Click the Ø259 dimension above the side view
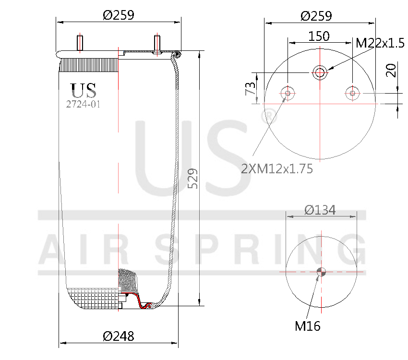tap(119, 15)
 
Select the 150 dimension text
tap(319, 36)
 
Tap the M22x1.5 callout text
tap(380, 43)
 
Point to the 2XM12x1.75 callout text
tap(277, 168)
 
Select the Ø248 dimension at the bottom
tap(119, 336)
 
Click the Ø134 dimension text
tap(320, 210)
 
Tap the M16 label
tap(307, 326)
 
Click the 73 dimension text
tap(250, 88)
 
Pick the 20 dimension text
tap(391, 70)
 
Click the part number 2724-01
tap(83, 104)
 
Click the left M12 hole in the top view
tap(288, 93)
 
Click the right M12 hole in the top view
tap(352, 93)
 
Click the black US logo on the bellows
tap(84, 90)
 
